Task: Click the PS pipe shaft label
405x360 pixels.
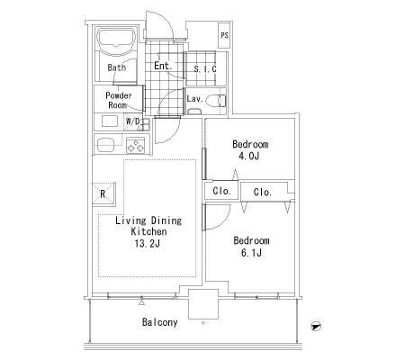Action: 224,35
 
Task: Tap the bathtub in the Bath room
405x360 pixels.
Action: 117,41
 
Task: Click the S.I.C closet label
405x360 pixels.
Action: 205,69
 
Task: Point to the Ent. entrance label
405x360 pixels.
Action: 163,66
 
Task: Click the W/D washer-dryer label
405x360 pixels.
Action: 133,121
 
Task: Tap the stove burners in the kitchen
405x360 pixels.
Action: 135,145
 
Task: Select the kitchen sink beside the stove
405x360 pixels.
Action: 106,145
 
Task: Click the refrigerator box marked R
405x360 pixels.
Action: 103,193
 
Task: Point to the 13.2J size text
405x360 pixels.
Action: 147,244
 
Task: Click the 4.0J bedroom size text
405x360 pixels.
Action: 247,157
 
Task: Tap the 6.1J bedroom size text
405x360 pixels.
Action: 251,253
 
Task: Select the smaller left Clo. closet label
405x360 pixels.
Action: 221,191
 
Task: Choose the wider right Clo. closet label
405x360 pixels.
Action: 263,192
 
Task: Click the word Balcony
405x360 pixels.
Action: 159,322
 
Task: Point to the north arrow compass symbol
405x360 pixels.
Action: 316,326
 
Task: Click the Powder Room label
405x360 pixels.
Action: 119,101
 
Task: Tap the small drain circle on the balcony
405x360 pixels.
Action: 203,323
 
